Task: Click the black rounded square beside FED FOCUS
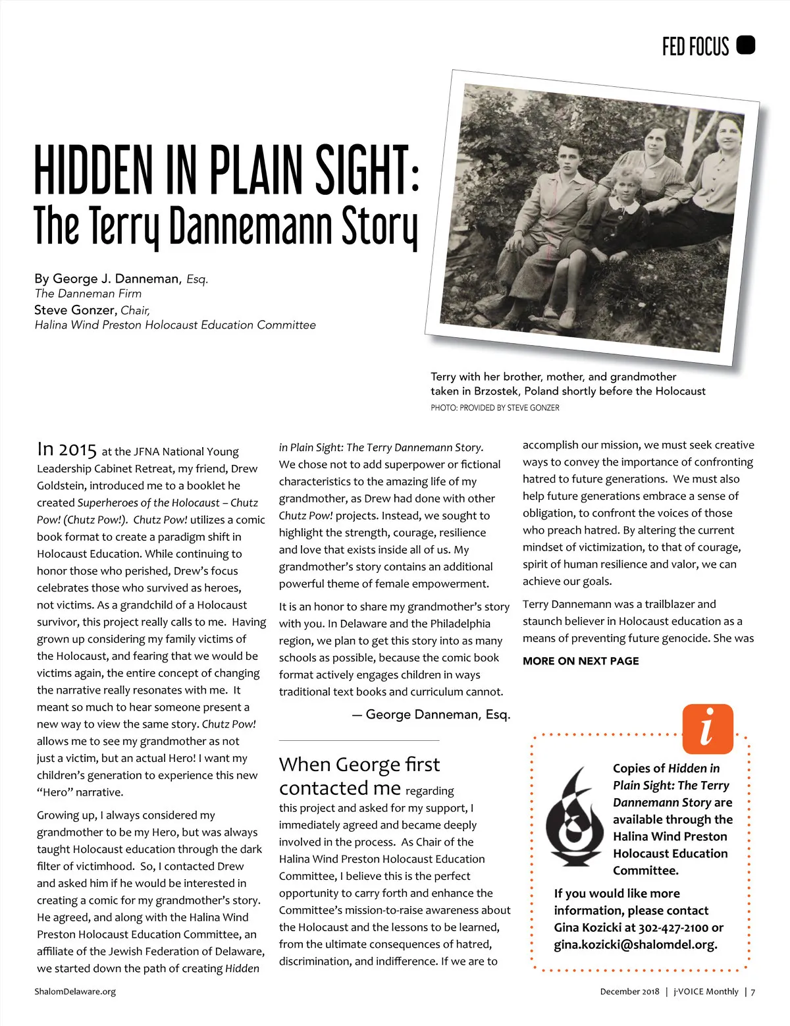click(745, 45)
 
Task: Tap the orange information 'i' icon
click(708, 728)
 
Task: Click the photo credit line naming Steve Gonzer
click(494, 408)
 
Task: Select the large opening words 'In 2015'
click(66, 449)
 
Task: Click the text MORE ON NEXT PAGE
click(580, 661)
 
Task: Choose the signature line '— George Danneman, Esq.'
click(431, 715)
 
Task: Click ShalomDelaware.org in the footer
click(75, 991)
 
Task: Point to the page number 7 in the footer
click(752, 991)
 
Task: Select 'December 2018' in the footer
click(629, 991)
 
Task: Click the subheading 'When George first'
click(359, 765)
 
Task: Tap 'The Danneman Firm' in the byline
click(88, 294)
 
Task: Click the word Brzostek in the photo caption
click(495, 391)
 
